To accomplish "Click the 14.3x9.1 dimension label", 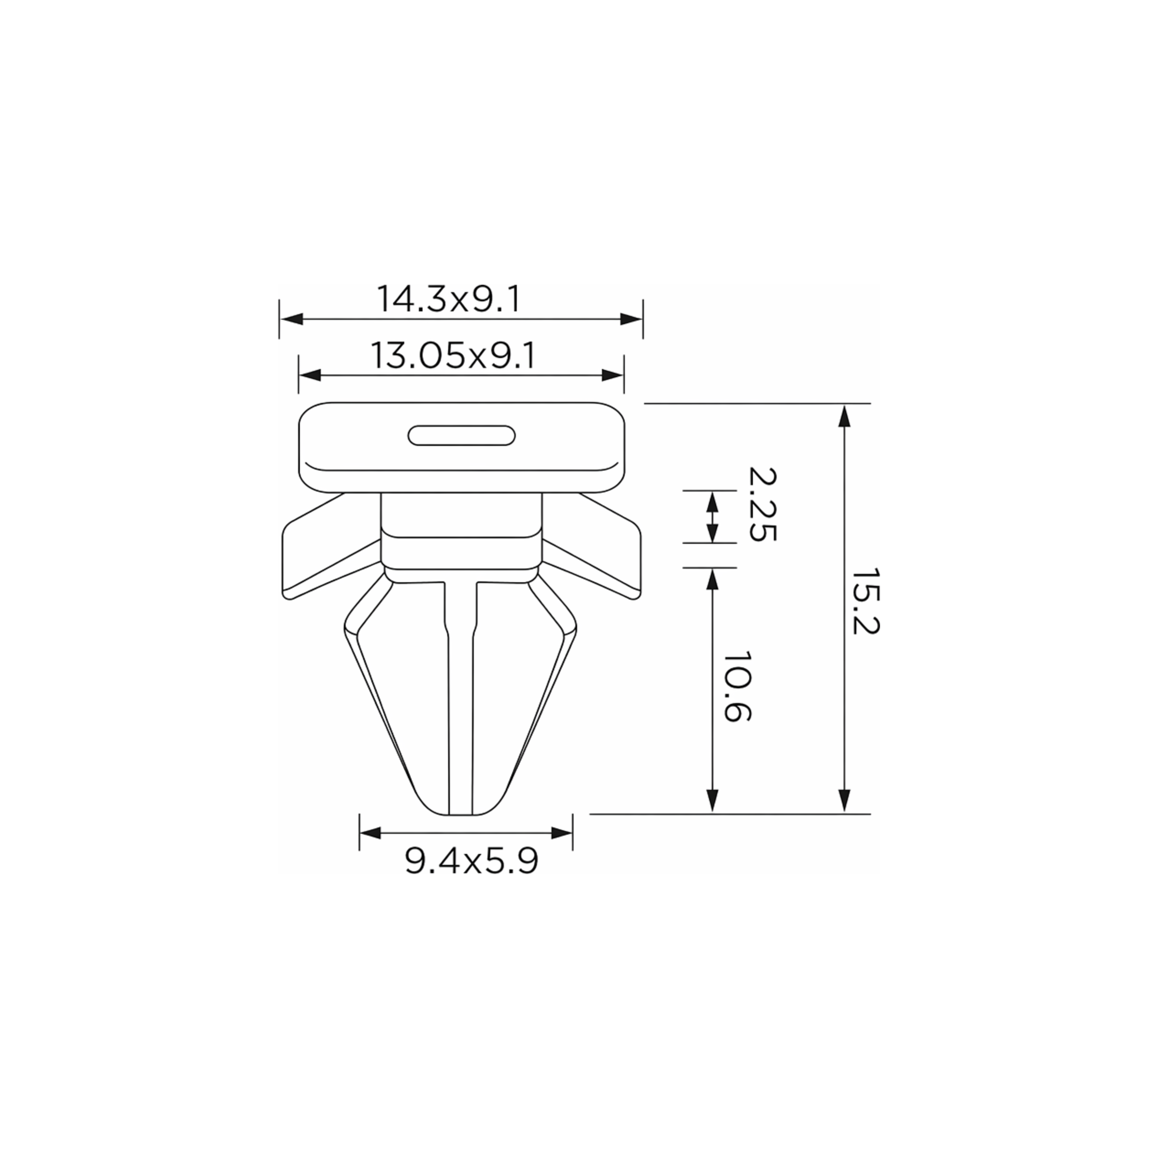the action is coord(449,299).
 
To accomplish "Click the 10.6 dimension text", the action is coord(737,686).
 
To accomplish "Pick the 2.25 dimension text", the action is coord(762,505).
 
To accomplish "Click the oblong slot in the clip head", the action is coord(461,436).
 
